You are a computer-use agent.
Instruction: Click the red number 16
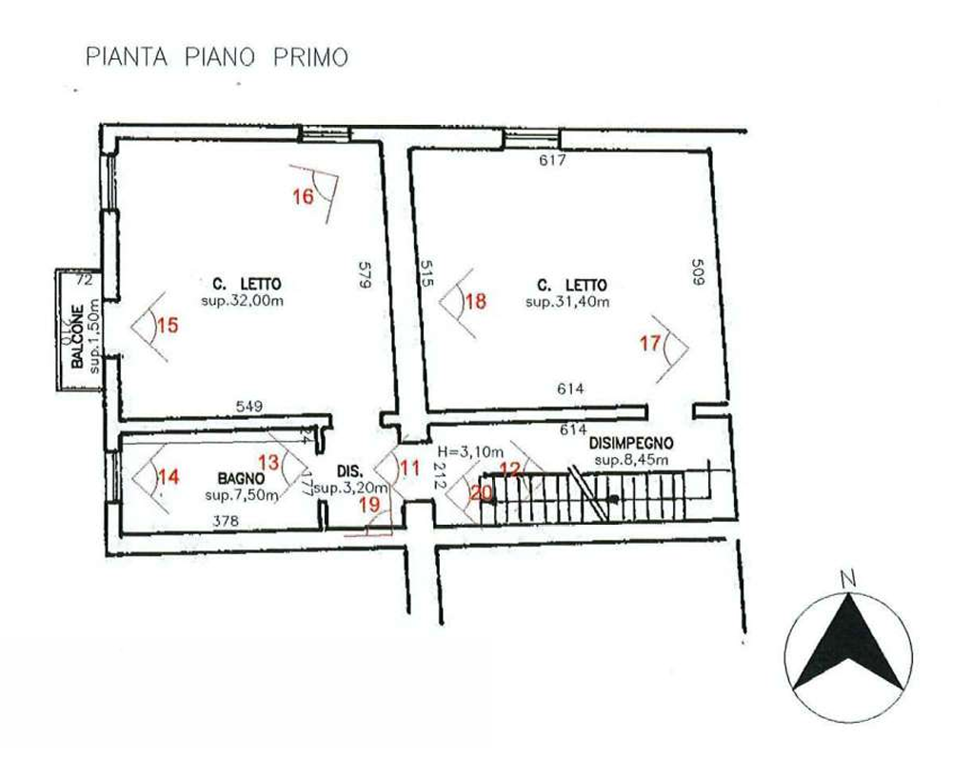click(x=303, y=197)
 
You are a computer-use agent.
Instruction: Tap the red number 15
click(x=168, y=326)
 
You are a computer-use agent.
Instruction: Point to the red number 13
click(x=269, y=462)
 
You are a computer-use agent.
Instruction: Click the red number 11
click(x=409, y=468)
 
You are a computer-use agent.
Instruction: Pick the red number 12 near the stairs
click(x=511, y=468)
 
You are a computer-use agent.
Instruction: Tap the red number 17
click(x=650, y=342)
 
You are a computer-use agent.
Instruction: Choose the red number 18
click(x=476, y=302)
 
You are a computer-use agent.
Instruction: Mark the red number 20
click(x=482, y=493)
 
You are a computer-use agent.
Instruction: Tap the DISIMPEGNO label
click(x=632, y=444)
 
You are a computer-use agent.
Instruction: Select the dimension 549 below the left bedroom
click(x=249, y=407)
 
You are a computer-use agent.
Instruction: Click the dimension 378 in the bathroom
click(x=225, y=520)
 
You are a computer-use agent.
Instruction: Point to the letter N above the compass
click(x=844, y=578)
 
